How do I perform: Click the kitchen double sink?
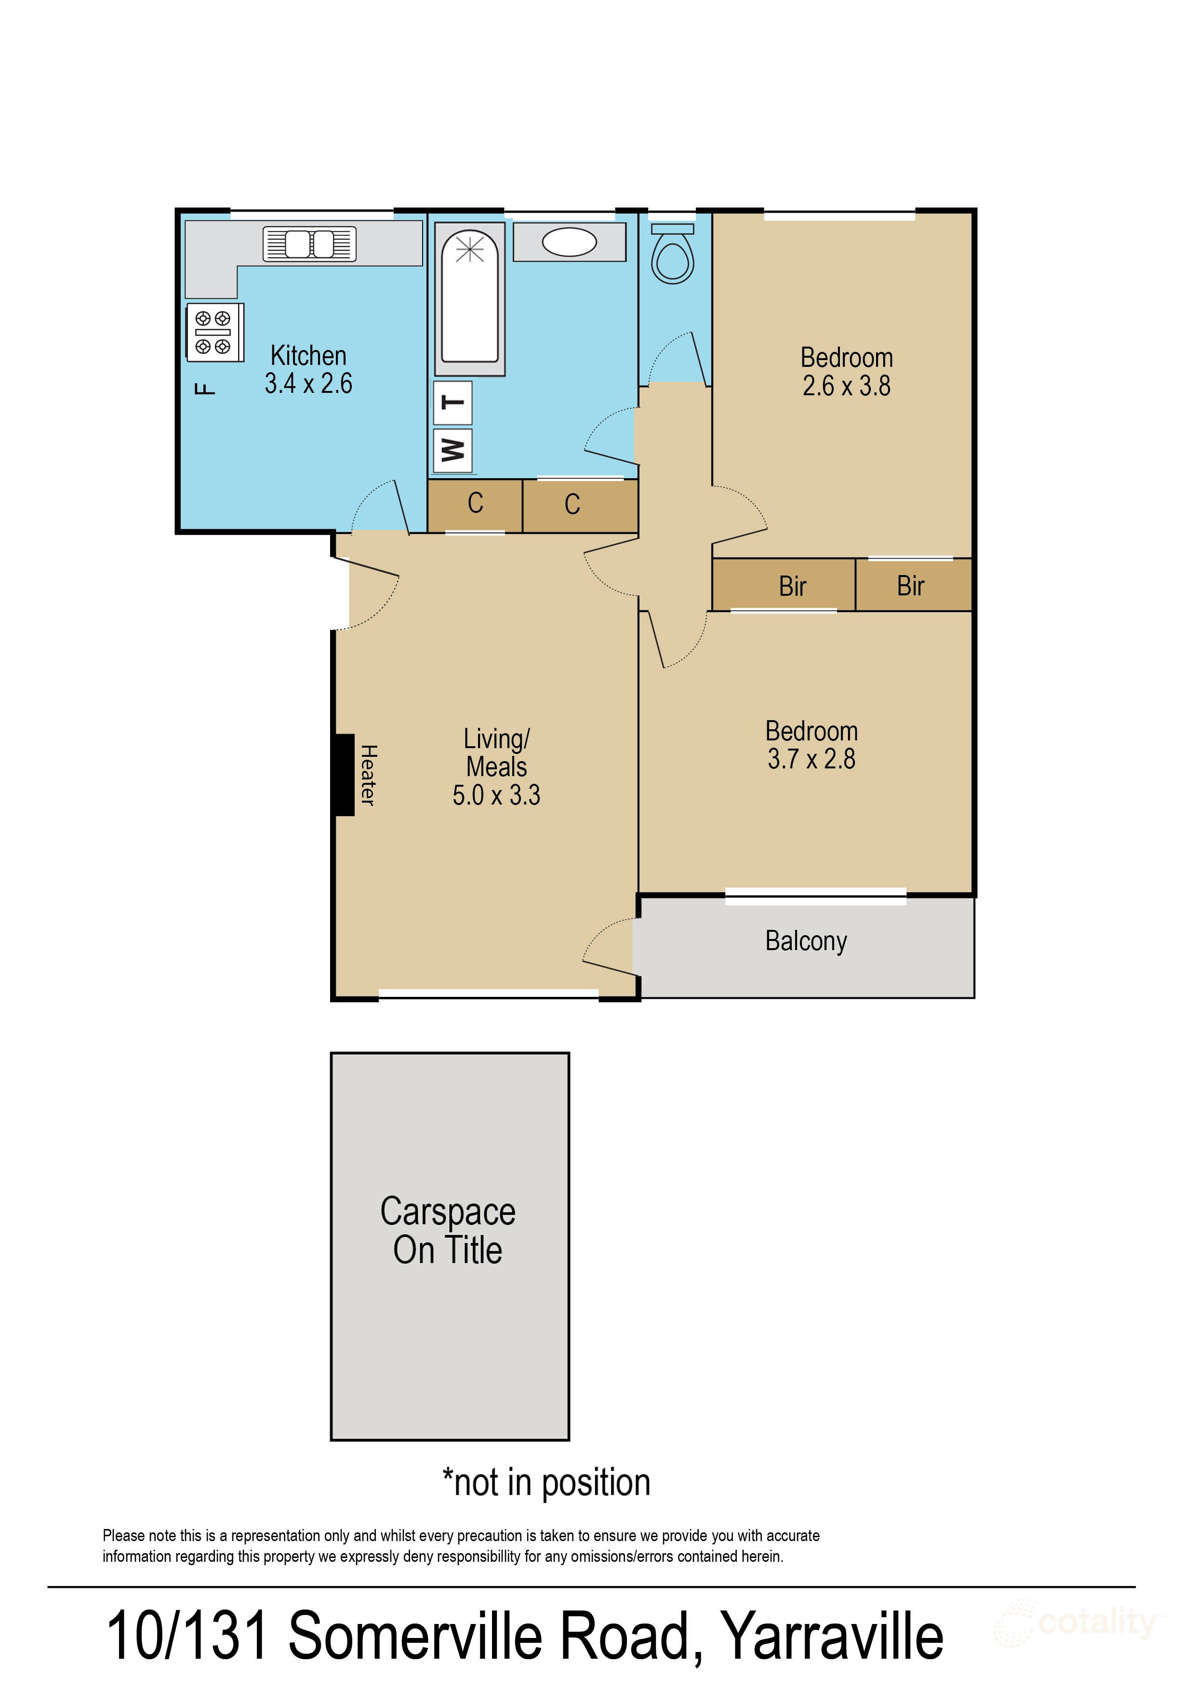pos(309,243)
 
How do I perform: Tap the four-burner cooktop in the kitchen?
pos(214,333)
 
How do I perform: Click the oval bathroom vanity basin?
pos(569,242)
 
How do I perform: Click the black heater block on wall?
pos(344,775)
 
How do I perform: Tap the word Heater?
pos(368,775)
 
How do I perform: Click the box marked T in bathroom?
pos(452,403)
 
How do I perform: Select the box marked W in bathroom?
pos(452,449)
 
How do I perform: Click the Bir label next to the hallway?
pos(792,586)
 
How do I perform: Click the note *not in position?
pos(545,1482)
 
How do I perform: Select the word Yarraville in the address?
pos(831,1637)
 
